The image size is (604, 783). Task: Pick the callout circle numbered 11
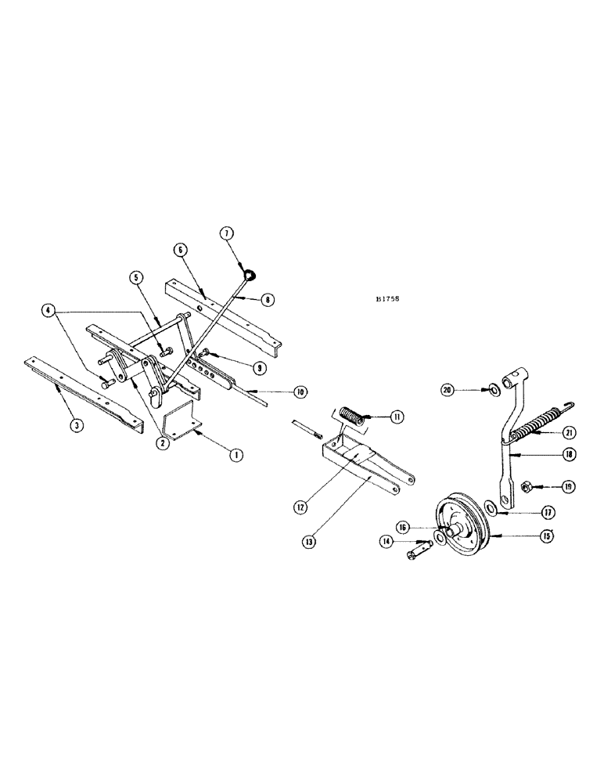coord(398,417)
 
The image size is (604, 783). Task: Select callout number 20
coord(468,389)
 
